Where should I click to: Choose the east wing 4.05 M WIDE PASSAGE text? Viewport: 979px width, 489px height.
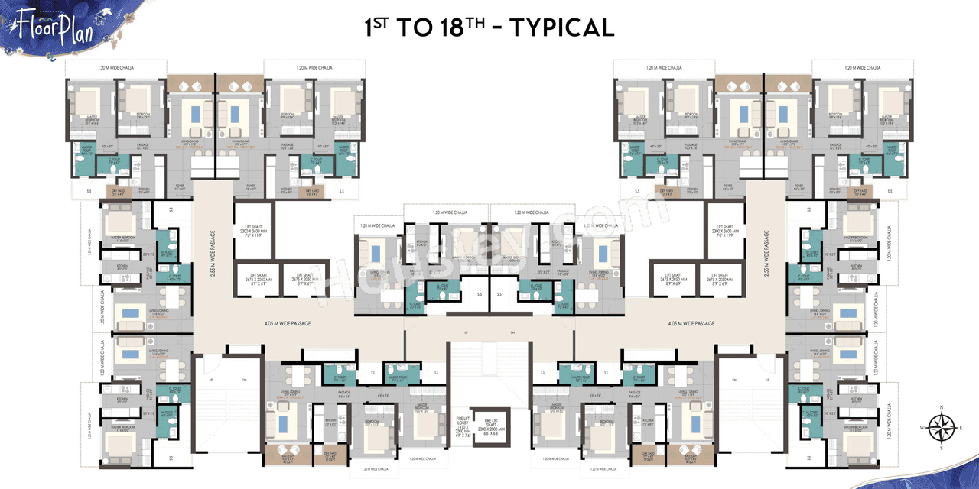691,323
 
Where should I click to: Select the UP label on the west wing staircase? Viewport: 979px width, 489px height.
210,380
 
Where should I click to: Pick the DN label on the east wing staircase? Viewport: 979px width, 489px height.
733,380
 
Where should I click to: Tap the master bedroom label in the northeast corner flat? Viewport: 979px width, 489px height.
887,119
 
